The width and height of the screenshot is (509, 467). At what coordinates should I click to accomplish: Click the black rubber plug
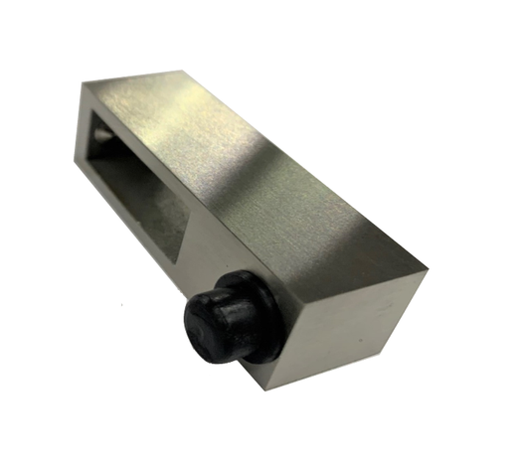click(224, 319)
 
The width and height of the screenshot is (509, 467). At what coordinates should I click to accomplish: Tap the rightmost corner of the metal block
click(428, 266)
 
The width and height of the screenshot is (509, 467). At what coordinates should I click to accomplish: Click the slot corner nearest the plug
click(180, 260)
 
